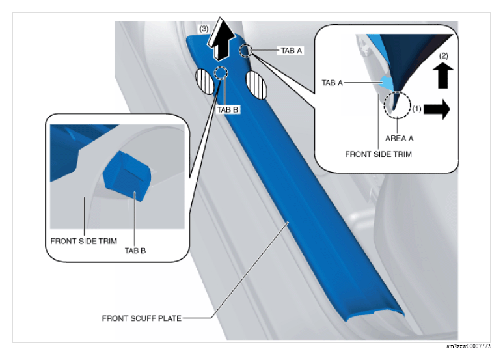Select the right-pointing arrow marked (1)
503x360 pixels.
tap(437, 109)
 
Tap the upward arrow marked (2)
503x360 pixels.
tap(443, 76)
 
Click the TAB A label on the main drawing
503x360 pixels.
tap(292, 50)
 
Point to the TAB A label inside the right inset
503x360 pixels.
tap(333, 83)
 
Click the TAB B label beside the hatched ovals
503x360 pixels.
tap(228, 110)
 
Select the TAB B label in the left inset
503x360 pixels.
tap(135, 251)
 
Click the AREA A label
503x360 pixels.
tap(399, 138)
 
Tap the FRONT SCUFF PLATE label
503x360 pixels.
tap(141, 318)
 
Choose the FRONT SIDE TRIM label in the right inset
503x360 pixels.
tap(378, 154)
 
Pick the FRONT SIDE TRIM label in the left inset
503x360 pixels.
tap(83, 241)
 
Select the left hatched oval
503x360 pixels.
tap(205, 82)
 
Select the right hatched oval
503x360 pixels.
tap(256, 85)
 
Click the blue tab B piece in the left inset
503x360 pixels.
tap(127, 176)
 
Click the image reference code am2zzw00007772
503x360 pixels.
tap(469, 346)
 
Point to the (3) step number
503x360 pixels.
tap(204, 29)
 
